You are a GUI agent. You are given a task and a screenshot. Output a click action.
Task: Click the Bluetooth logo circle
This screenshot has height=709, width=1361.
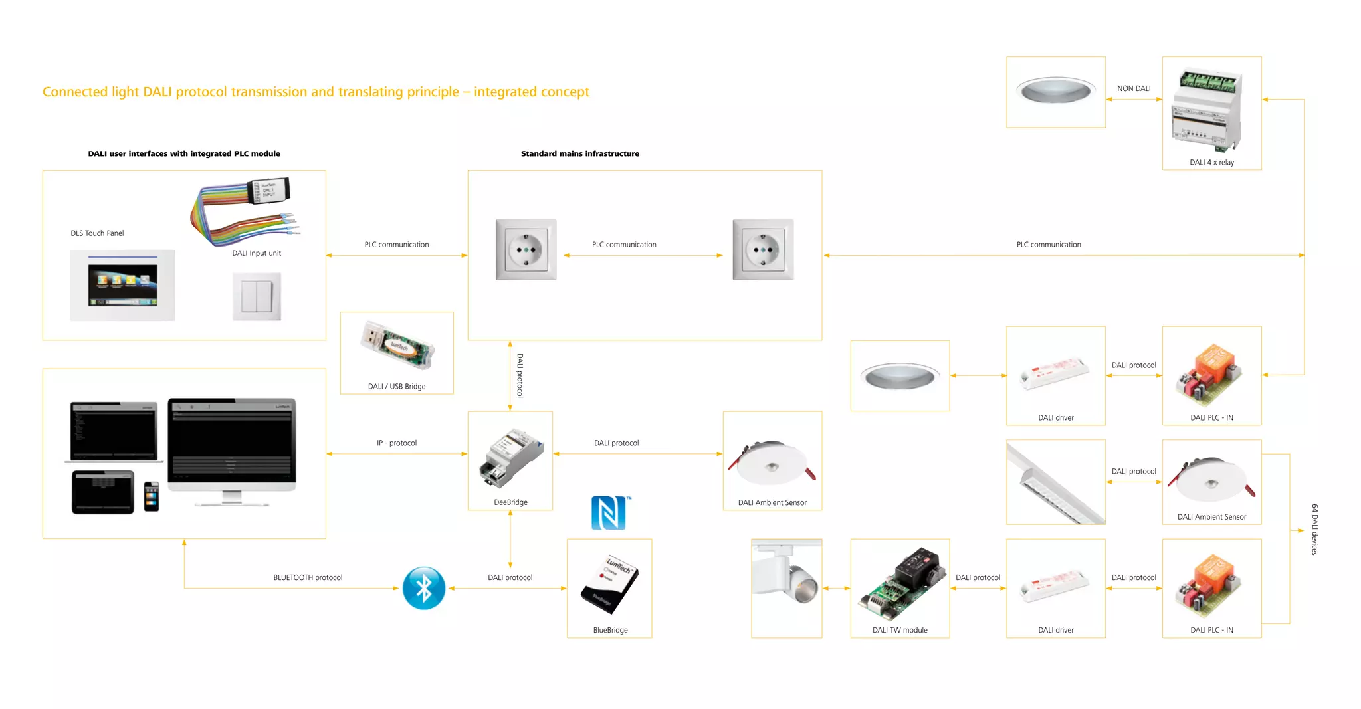click(423, 588)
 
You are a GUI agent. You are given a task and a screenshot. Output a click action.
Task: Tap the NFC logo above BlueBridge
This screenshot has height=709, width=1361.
click(609, 513)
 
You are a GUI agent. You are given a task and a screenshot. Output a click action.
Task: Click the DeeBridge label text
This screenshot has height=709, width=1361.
click(510, 502)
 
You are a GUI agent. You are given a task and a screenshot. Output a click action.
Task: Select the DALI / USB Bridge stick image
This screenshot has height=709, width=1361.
click(397, 344)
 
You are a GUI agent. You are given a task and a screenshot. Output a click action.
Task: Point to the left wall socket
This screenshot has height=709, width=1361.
click(526, 250)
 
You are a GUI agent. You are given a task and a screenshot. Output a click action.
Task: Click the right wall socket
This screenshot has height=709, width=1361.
click(763, 250)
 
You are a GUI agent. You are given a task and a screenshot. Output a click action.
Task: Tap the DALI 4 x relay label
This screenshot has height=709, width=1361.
click(1211, 162)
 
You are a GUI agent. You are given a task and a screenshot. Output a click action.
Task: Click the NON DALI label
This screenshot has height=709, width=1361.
click(1134, 88)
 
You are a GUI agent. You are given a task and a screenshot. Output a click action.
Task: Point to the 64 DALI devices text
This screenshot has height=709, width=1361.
click(1314, 529)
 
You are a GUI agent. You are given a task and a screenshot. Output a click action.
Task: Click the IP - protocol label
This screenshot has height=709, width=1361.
click(397, 443)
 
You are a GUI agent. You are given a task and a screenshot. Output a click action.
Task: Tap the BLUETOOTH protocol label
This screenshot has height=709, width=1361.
click(308, 577)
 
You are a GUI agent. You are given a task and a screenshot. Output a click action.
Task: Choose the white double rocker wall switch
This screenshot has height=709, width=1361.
click(257, 296)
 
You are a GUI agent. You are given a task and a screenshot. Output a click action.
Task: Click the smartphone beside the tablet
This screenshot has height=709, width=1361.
click(152, 496)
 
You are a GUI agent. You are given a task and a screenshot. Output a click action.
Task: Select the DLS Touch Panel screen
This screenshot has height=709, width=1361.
click(123, 285)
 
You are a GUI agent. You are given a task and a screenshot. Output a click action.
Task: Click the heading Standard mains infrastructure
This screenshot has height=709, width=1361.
click(579, 153)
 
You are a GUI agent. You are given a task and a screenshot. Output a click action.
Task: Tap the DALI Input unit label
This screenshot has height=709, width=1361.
click(257, 253)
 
